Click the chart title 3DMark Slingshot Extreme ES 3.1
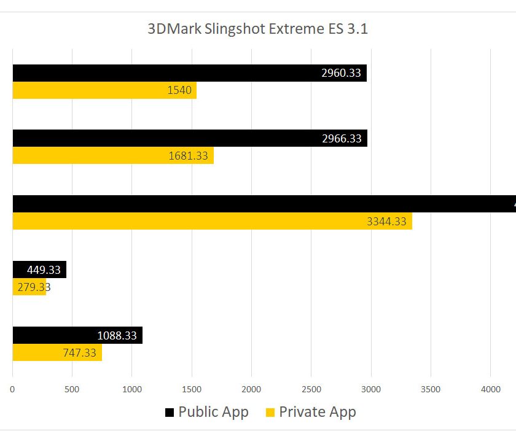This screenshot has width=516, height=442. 257,29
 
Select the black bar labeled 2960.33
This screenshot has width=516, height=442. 189,73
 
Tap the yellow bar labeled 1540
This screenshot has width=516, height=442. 104,91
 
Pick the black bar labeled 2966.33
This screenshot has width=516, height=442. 189,138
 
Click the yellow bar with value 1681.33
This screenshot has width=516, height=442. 113,155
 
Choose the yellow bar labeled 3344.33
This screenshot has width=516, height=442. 212,221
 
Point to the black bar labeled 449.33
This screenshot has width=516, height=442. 39,269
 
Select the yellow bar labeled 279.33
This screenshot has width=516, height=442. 29,287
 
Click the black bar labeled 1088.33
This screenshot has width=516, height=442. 77,335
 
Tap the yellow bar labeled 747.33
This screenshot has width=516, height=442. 57,352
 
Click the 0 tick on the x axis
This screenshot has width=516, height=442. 13,389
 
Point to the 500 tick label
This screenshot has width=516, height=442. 72,389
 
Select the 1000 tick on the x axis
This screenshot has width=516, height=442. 132,389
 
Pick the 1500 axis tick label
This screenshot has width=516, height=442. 192,389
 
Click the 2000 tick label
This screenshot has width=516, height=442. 251,389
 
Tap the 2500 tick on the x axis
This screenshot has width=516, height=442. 311,389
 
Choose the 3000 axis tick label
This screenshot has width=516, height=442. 371,389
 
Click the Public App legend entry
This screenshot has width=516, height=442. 206,412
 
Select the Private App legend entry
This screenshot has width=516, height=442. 310,412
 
